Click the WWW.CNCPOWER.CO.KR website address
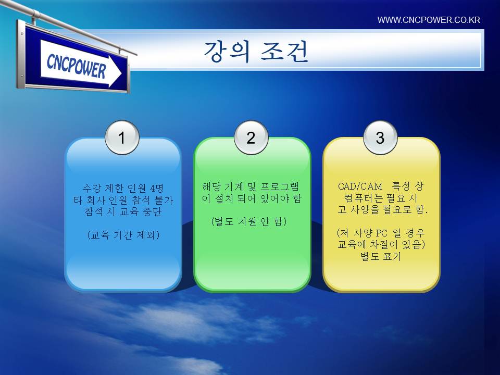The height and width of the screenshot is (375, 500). (x=429, y=20)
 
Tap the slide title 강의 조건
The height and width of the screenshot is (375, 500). (x=256, y=51)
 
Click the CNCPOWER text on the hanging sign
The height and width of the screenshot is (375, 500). (x=76, y=66)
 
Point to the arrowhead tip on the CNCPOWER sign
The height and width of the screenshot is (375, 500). (x=121, y=73)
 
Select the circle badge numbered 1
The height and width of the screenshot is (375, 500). (x=122, y=137)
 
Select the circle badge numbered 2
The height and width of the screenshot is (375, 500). (x=251, y=137)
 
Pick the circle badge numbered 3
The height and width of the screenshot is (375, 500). (x=380, y=137)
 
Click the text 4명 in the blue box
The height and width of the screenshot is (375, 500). (x=157, y=188)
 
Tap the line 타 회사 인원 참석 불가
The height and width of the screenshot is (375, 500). (x=123, y=200)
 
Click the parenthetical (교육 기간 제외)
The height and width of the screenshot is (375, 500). (x=123, y=235)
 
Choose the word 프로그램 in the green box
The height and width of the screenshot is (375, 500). (x=280, y=186)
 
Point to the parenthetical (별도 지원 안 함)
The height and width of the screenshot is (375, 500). (x=249, y=221)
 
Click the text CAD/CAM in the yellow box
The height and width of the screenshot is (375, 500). (x=360, y=186)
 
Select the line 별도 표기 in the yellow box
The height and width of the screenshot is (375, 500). (x=380, y=256)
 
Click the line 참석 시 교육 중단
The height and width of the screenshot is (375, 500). (x=123, y=212)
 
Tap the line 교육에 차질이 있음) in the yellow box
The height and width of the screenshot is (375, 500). (x=381, y=245)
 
